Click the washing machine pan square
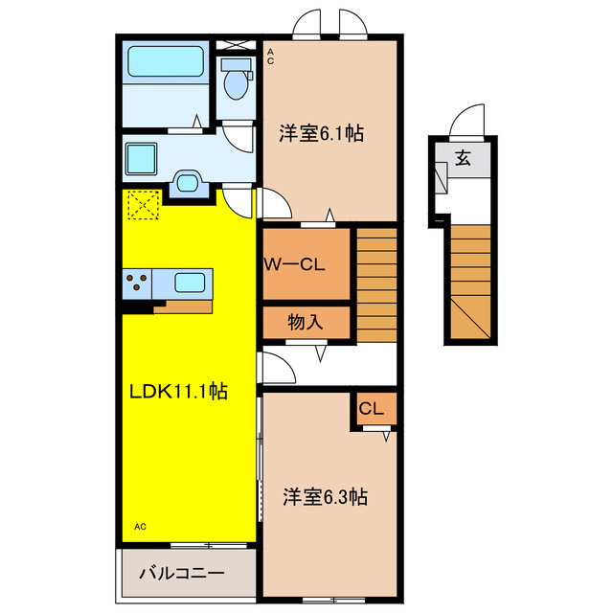pyautogui.click(x=145, y=156)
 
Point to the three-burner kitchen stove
pyautogui.click(x=138, y=284)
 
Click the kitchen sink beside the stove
pyautogui.click(x=189, y=284)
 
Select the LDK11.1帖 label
pyautogui.click(x=179, y=392)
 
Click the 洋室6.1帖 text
pyautogui.click(x=321, y=134)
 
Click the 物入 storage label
pyautogui.click(x=306, y=323)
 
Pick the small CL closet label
pyautogui.click(x=371, y=409)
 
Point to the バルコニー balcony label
pyautogui.click(x=182, y=574)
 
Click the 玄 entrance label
pyautogui.click(x=463, y=159)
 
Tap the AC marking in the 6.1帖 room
pyautogui.click(x=270, y=57)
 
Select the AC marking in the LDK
pyautogui.click(x=140, y=527)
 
